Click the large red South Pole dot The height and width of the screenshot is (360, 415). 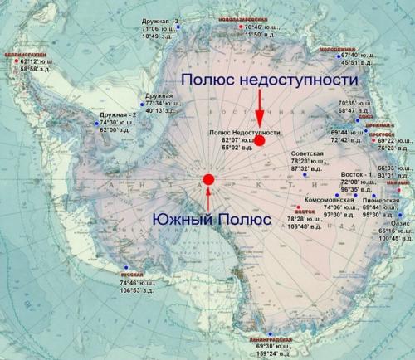coord(208,179)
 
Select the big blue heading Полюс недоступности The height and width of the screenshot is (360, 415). coord(271,78)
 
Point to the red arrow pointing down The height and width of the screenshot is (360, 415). coord(259,108)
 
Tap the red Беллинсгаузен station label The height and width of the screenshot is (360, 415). coord(25,52)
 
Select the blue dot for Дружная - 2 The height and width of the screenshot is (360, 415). coord(97,123)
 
